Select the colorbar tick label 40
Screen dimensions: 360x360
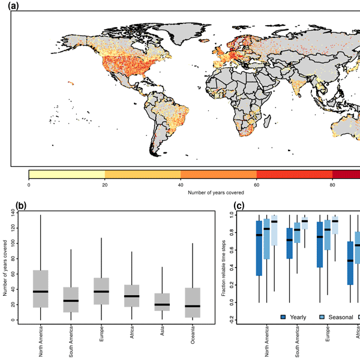[181, 184]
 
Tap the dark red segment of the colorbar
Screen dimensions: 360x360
[347, 174]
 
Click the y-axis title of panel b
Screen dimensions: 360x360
[7, 268]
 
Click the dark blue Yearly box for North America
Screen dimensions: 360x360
[259, 248]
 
